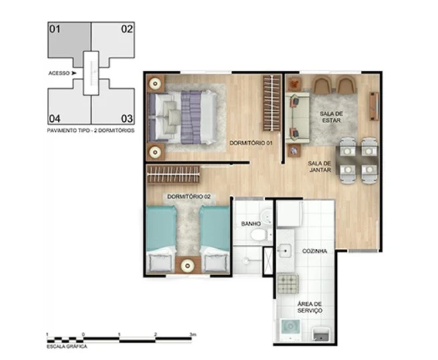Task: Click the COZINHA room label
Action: [314, 251]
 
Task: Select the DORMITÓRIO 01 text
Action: [251, 143]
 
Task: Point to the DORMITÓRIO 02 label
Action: [188, 196]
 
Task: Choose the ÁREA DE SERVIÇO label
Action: [309, 307]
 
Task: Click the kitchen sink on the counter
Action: [285, 252]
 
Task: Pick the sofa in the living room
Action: [296, 118]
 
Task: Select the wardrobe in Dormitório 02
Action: [173, 174]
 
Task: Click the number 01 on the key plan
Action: [55, 29]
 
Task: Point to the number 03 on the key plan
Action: [126, 118]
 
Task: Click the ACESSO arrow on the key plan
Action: [74, 73]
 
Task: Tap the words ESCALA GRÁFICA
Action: [66, 347]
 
